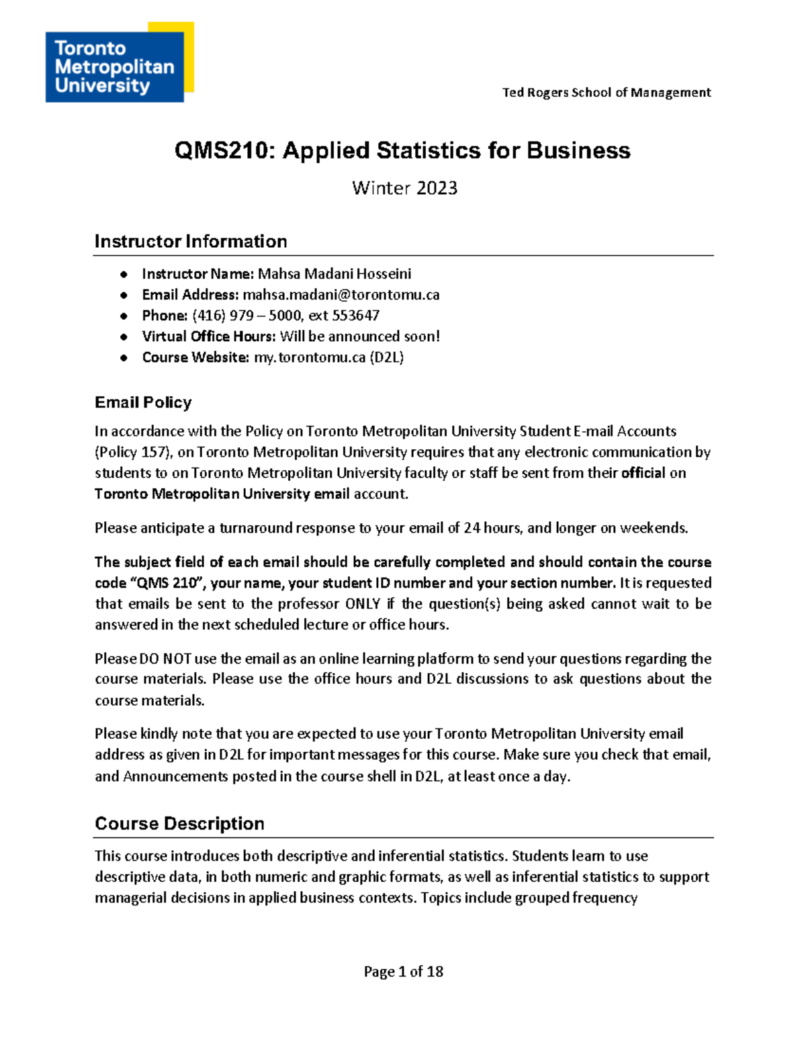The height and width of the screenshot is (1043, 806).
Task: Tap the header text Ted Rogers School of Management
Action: point(606,93)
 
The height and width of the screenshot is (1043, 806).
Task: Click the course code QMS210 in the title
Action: point(224,150)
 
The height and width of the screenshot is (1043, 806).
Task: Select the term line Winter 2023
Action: point(404,188)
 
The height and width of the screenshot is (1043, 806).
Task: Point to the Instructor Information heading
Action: point(191,242)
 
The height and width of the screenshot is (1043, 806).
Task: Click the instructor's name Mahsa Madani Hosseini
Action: point(334,274)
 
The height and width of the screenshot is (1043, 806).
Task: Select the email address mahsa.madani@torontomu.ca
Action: point(341,295)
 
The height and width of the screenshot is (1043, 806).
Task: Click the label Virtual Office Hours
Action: point(209,336)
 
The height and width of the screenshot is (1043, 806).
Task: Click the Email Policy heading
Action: point(143,402)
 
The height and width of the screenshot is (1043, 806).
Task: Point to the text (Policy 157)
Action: point(131,452)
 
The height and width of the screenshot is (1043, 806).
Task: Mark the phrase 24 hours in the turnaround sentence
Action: point(492,528)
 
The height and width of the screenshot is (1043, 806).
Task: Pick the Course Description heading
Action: point(179,824)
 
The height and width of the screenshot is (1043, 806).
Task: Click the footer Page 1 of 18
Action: point(403,972)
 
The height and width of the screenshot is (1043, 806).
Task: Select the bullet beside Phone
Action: point(124,316)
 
